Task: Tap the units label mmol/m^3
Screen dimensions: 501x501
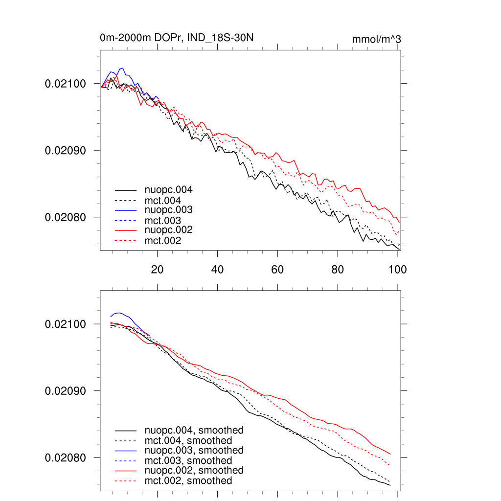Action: (x=377, y=39)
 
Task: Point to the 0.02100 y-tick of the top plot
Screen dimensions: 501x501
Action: (x=65, y=84)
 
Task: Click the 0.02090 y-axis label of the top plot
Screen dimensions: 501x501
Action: (x=65, y=150)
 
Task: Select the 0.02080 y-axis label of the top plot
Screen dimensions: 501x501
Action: (x=65, y=217)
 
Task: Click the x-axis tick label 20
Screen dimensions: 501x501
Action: (x=157, y=269)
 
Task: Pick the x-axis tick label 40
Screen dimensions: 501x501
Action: (x=217, y=269)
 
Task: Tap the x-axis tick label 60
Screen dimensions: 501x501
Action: (x=277, y=269)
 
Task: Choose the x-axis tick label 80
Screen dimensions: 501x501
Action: (x=338, y=269)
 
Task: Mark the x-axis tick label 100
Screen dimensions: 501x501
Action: (x=397, y=269)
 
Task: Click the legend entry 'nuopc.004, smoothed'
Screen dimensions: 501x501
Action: (x=194, y=431)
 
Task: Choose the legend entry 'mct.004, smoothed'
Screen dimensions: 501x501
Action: (x=188, y=441)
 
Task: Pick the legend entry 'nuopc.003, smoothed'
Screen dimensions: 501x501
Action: (x=194, y=450)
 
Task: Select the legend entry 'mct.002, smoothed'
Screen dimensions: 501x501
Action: (x=188, y=481)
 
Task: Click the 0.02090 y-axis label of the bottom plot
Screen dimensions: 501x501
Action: (x=65, y=391)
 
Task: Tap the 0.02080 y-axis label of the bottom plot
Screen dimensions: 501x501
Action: (x=65, y=458)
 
